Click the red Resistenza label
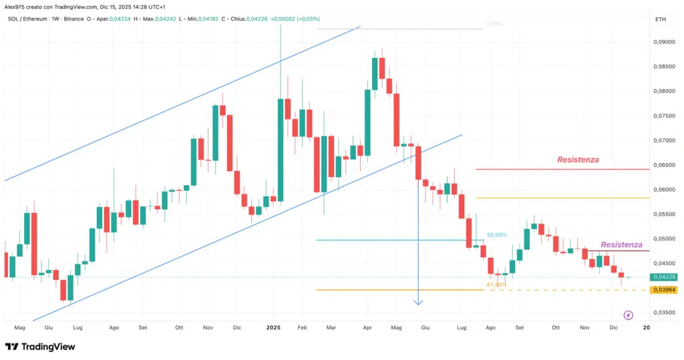pos(578,160)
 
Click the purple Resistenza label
pos(621,245)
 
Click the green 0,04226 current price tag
pos(664,277)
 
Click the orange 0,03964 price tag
pos(664,290)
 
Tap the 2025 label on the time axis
pos(273,328)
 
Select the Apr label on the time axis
pos(367,328)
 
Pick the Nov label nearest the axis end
pos(586,328)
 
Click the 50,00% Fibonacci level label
pos(496,235)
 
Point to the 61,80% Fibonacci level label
pos(496,285)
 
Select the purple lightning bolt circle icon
pos(628,315)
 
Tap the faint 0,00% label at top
pos(494,24)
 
